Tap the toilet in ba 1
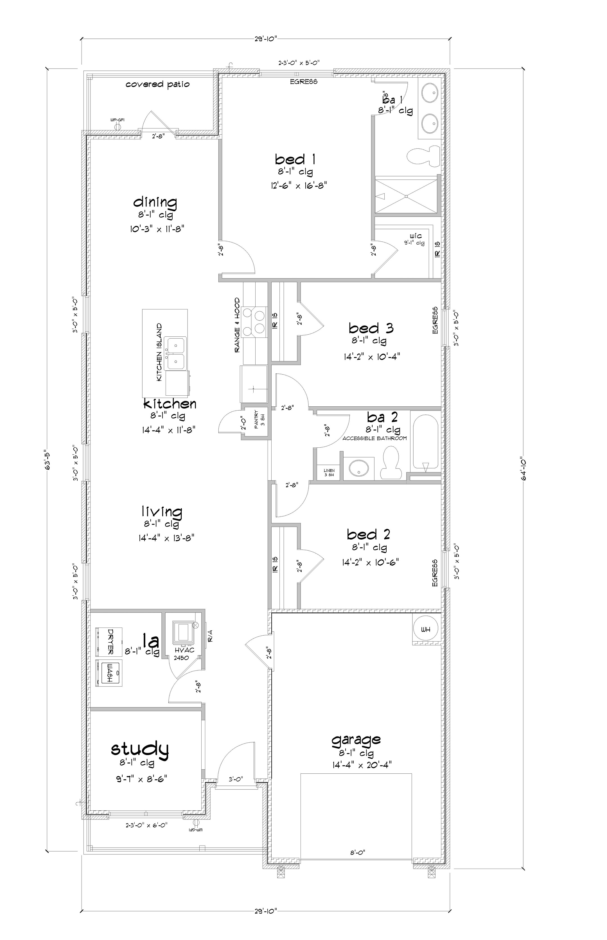click(x=424, y=156)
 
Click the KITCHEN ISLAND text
click(x=159, y=352)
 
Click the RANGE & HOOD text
click(x=237, y=325)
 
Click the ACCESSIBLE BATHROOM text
click(x=374, y=438)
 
